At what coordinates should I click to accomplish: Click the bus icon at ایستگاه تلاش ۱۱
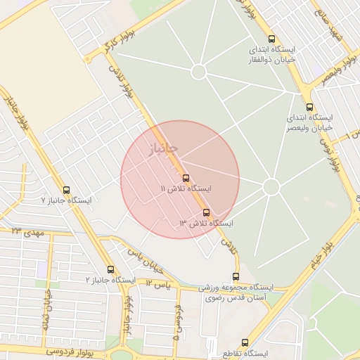click(x=186, y=178)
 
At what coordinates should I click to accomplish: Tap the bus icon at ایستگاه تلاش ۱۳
click(x=206, y=212)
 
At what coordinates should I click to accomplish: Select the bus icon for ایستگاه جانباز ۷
click(x=67, y=190)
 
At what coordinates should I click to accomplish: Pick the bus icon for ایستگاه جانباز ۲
click(x=110, y=269)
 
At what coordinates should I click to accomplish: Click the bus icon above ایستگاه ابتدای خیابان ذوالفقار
click(x=272, y=39)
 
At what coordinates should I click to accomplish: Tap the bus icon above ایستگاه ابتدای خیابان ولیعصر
click(x=309, y=107)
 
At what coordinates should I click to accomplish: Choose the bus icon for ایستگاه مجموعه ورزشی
click(x=236, y=276)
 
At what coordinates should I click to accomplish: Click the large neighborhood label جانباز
click(x=163, y=148)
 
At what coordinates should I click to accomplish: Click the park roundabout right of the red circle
click(x=271, y=186)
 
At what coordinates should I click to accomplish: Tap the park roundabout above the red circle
click(x=199, y=71)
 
